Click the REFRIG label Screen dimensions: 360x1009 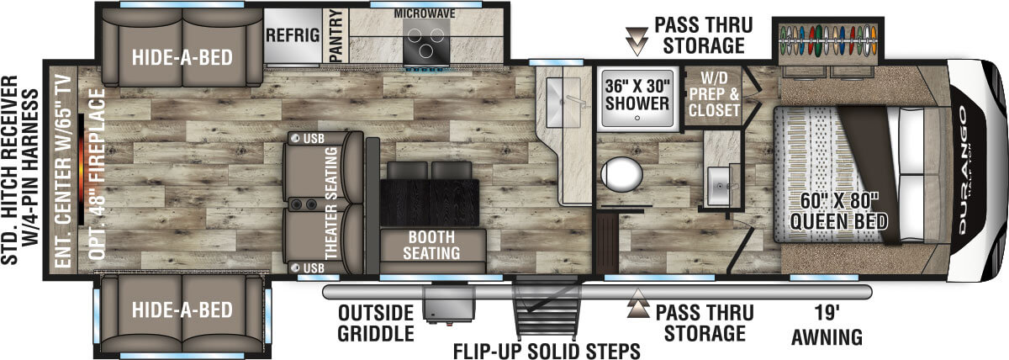[293, 35]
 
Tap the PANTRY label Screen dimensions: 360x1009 [335, 35]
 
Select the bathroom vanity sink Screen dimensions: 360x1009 [720, 183]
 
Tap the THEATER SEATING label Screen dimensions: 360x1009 [329, 201]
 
